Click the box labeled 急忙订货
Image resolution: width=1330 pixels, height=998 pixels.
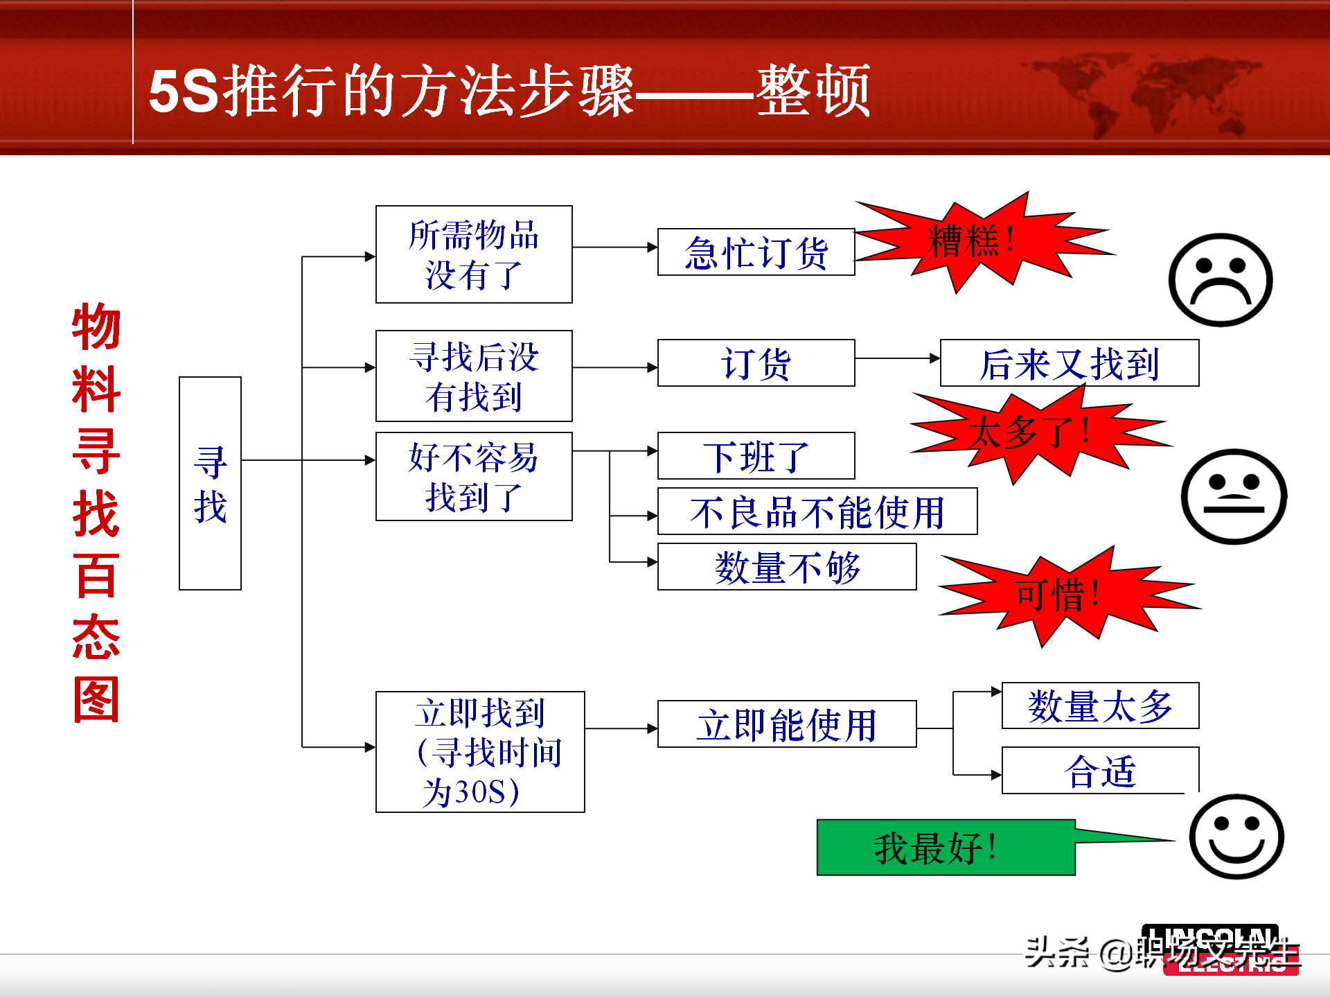coord(756,252)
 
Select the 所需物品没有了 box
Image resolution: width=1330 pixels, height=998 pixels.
coord(474,254)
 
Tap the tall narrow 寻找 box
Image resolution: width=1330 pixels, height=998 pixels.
coord(210,483)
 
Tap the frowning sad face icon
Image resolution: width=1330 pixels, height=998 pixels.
coord(1221,280)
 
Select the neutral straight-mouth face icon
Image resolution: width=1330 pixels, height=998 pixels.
coord(1234,496)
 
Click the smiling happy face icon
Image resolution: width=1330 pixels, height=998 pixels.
coord(1236,837)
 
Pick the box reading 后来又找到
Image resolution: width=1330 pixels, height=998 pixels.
coord(1069,363)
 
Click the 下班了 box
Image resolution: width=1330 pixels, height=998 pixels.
coord(756,456)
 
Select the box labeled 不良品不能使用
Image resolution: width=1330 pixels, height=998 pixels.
coord(817,511)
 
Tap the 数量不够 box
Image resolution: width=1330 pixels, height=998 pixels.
coord(787,567)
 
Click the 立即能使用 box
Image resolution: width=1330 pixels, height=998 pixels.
coord(787,724)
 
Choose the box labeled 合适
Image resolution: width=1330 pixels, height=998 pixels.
coord(1100,770)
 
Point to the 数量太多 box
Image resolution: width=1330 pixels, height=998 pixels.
coord(1100,706)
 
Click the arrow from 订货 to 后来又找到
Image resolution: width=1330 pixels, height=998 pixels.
coord(898,358)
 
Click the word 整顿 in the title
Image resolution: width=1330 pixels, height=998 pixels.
coord(813,91)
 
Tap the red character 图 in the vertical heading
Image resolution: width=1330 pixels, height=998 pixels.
coord(96,700)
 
